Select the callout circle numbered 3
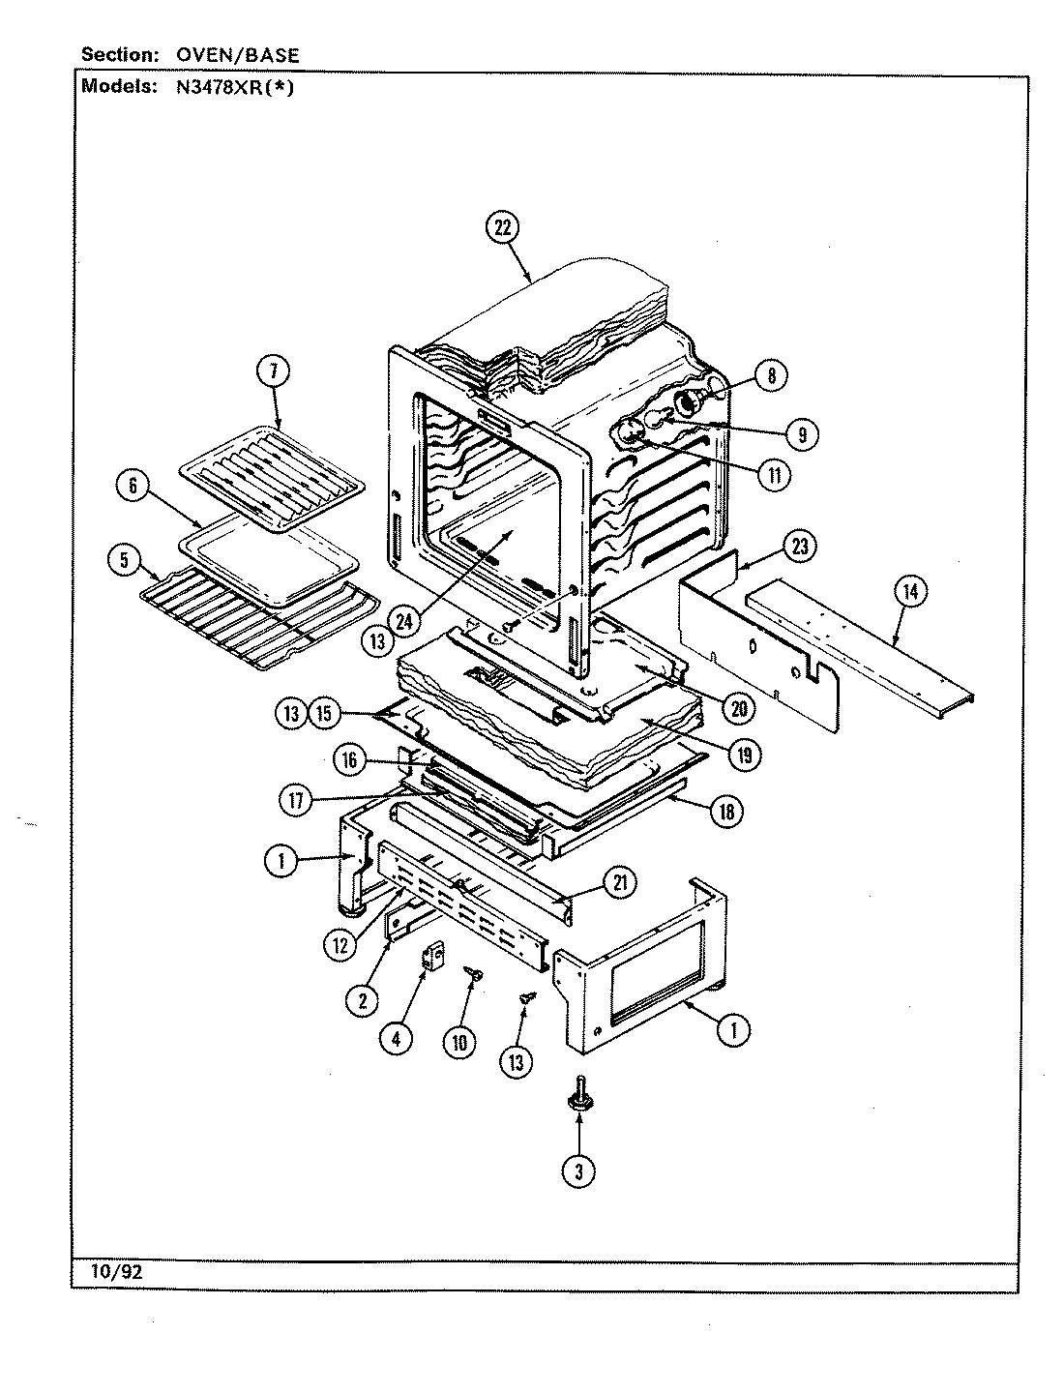click(x=578, y=1171)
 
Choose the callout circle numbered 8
click(x=771, y=375)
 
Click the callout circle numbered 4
click(x=396, y=1039)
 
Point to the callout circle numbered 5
click(x=124, y=559)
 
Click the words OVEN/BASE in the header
click(x=237, y=55)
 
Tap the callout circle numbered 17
click(x=297, y=800)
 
